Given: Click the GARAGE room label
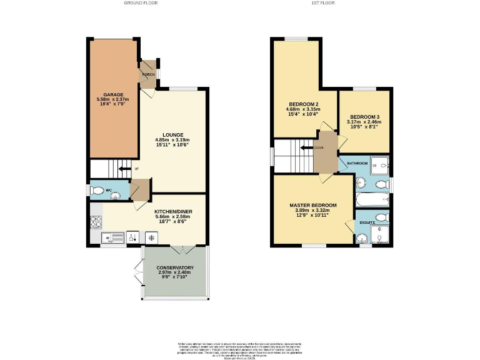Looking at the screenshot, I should pos(113,94).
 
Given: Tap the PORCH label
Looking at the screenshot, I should pos(148,74).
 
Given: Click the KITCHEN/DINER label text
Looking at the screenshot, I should pos(173,212).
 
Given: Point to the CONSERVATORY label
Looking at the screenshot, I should pos(174,267).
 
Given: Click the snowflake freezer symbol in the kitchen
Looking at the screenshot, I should pos(151,237).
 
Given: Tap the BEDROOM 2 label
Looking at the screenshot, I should pos(304,104).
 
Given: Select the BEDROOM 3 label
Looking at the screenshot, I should pos(364,117).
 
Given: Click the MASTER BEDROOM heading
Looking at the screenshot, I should pos(312,205).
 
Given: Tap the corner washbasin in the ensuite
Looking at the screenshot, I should pos(361,238).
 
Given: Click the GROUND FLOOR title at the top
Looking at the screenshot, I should pos(141,3).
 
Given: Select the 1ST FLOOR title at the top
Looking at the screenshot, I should pos(323,3).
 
